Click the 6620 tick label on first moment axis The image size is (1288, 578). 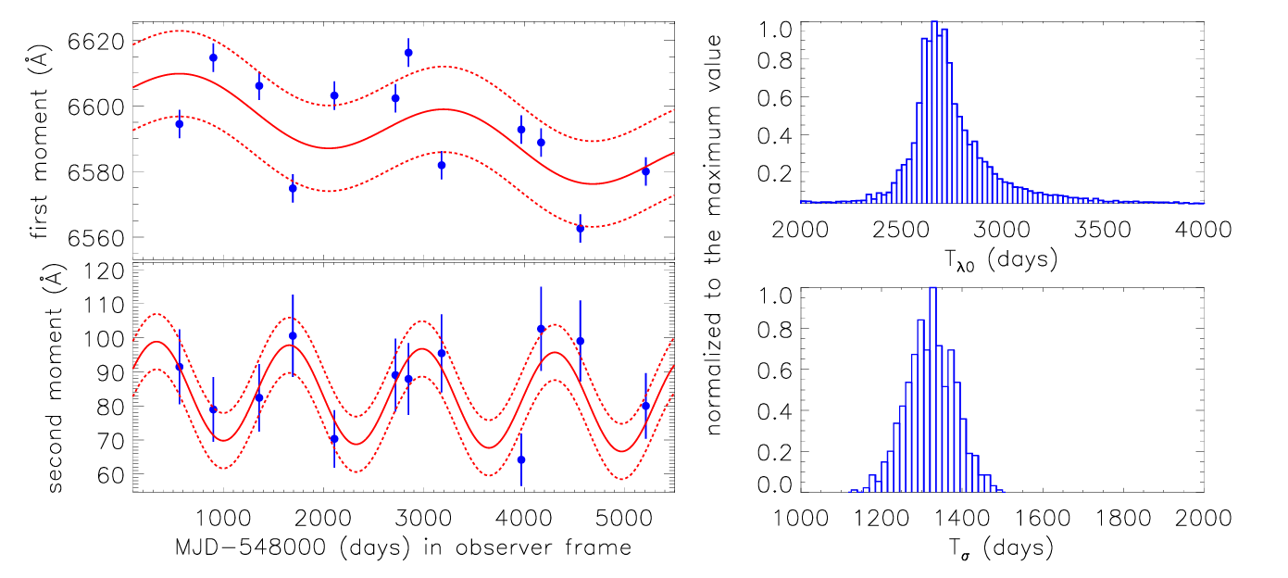coord(96,42)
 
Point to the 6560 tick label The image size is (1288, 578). coord(96,237)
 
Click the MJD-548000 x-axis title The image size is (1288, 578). coord(403,547)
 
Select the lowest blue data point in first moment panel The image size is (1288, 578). coord(581,228)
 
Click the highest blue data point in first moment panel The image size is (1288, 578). coord(408,52)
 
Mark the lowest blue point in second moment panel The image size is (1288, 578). coord(521,459)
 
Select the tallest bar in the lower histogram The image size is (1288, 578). coord(932,389)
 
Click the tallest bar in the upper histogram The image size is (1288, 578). coord(933,111)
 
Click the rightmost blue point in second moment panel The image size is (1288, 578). coord(645,406)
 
